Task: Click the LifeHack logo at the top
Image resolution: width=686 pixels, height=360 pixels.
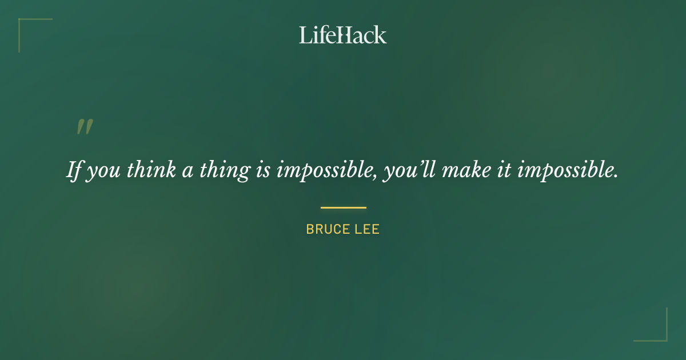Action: (x=342, y=35)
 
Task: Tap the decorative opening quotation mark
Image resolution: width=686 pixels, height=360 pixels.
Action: (x=85, y=127)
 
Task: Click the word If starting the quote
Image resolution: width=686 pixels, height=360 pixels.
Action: (x=75, y=170)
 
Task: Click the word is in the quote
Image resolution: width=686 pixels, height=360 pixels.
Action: (x=263, y=170)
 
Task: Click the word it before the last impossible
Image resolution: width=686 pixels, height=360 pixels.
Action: (x=504, y=170)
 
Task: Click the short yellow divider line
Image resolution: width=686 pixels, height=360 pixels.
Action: (x=343, y=207)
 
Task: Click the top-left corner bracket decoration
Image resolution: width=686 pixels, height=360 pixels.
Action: (x=23, y=23)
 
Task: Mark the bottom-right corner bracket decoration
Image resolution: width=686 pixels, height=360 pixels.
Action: (x=663, y=337)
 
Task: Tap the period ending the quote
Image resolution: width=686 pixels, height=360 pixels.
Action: (x=616, y=177)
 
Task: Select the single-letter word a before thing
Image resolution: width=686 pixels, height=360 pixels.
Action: (x=188, y=171)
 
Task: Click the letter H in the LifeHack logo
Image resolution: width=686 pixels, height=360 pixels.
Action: (x=344, y=35)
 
